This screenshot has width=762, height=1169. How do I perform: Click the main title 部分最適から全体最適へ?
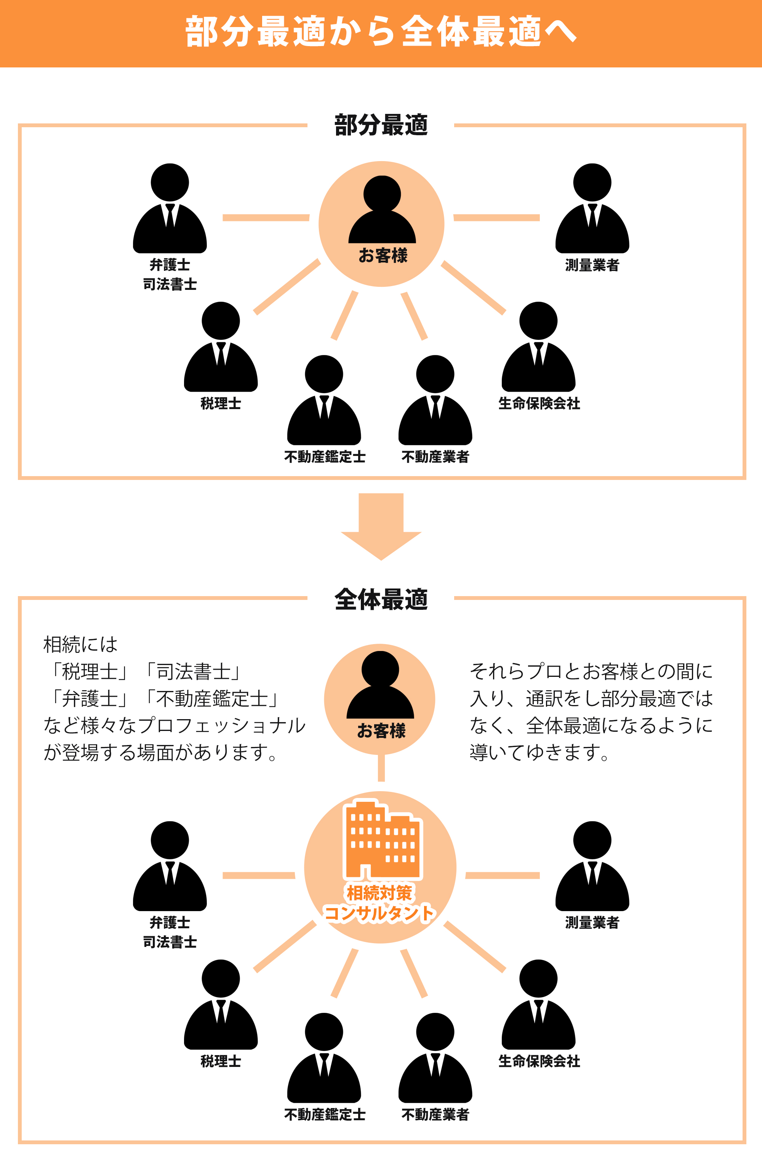coord(381,32)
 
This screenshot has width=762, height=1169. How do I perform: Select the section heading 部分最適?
coord(381,125)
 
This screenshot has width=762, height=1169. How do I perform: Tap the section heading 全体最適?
coord(381,600)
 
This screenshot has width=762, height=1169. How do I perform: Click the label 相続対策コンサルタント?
coord(379,904)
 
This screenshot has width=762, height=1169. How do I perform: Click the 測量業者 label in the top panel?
coord(592,265)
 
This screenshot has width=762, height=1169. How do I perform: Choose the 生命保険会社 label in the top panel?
coord(539,404)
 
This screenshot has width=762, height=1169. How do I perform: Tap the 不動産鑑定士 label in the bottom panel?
coord(325,1115)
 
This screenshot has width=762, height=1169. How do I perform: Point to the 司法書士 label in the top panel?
coord(170,285)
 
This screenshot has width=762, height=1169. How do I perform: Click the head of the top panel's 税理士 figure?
coord(221,321)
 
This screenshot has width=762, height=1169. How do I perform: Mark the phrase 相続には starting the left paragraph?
coord(80,644)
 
